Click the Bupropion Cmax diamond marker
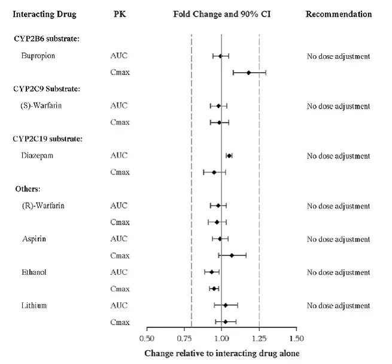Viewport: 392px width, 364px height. click(248, 73)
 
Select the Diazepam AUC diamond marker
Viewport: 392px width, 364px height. click(229, 155)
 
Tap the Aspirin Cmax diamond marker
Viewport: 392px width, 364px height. click(232, 255)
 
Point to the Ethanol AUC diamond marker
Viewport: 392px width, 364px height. click(211, 272)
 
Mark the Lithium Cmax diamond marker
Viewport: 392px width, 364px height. click(225, 322)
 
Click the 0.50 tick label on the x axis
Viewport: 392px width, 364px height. click(147, 337)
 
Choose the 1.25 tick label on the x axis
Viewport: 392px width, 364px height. click(259, 337)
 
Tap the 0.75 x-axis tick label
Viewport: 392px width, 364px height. click(184, 337)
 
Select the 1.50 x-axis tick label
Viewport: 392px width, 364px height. click(296, 337)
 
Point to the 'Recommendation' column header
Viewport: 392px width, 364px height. click(338, 14)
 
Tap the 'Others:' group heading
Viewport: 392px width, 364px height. click(28, 189)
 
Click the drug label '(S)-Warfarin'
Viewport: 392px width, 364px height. click(41, 106)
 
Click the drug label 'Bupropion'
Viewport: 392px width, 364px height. click(38, 56)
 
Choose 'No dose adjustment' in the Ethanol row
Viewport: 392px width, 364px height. click(338, 272)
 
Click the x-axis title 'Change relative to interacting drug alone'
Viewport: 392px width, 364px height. click(221, 353)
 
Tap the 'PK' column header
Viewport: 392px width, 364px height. click(118, 14)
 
